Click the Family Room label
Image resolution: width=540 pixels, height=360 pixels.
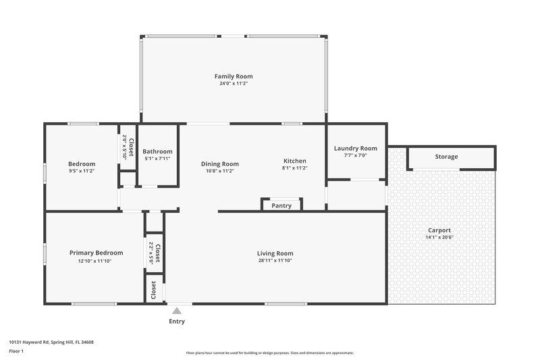coord(234,77)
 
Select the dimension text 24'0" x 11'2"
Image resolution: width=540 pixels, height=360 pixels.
coord(234,84)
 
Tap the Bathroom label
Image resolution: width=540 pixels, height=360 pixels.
coord(157,151)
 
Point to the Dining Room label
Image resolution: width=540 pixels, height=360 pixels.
coord(220,163)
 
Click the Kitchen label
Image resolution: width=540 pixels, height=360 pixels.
coord(294,161)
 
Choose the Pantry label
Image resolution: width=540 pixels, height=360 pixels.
coord(281,205)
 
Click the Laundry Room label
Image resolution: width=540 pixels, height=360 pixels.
coord(355,148)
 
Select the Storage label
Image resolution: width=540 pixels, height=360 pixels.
coord(446,157)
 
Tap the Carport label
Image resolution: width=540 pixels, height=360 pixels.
coord(439,230)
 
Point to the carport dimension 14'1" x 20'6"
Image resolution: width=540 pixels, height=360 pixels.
coord(439,238)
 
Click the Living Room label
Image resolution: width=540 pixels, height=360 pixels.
coord(275,253)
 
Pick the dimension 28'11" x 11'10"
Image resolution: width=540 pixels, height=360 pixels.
coord(275,261)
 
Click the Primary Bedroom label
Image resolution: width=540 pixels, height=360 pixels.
coord(96,253)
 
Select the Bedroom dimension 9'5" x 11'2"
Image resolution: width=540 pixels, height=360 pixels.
coord(82,171)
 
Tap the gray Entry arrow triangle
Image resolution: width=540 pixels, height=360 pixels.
coord(176,311)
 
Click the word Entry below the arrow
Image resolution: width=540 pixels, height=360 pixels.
coord(176,322)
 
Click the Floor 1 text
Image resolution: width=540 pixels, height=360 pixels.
coord(16,351)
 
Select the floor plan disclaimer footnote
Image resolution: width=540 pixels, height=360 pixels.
coord(269,353)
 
